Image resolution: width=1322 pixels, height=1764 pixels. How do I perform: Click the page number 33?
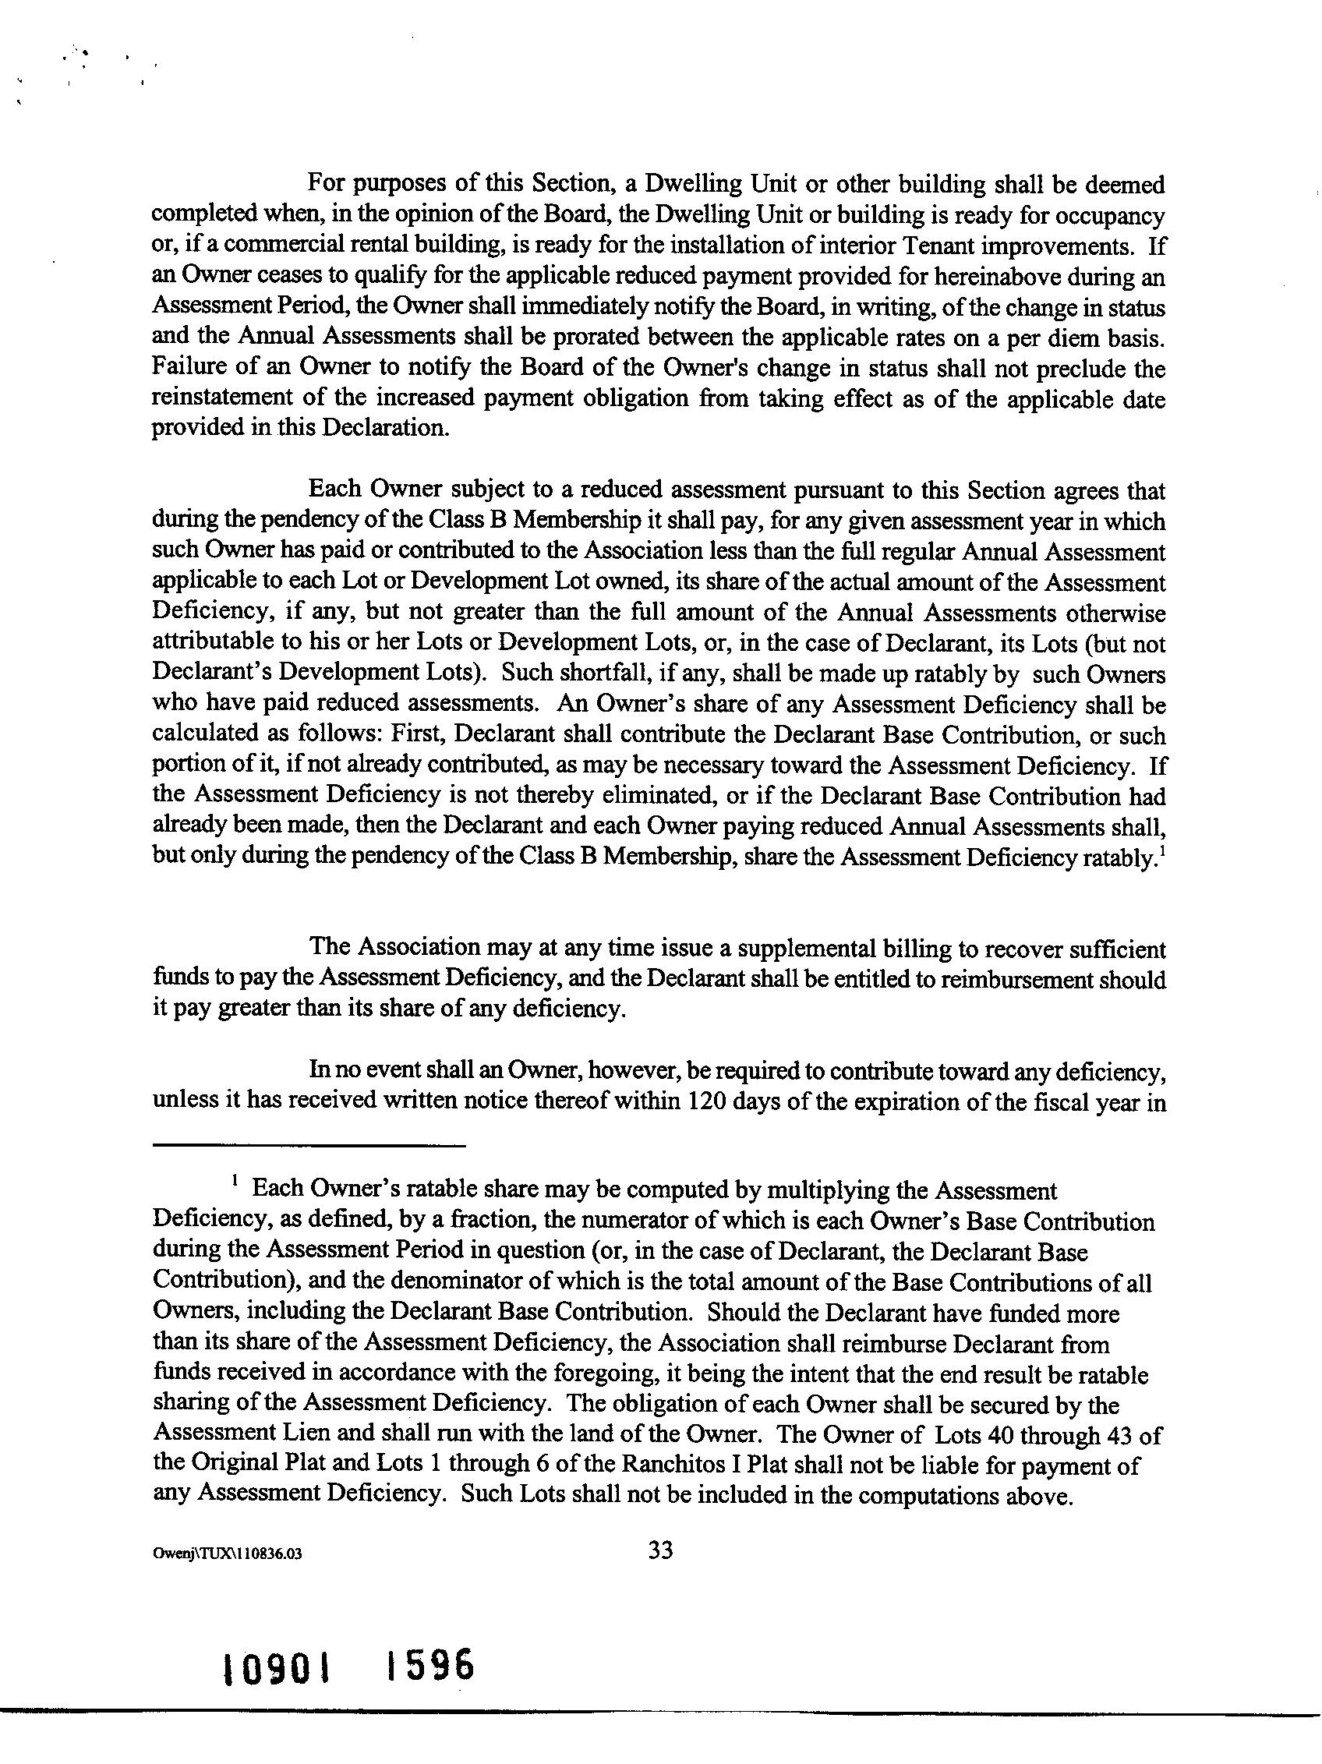pos(660,1549)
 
